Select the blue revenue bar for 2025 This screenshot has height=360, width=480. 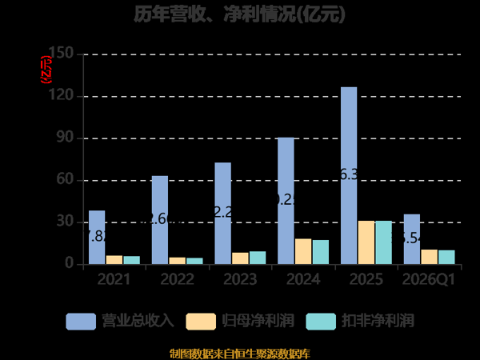coord(349,175)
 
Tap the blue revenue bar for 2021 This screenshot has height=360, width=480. coord(97,237)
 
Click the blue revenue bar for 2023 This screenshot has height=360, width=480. coord(223,213)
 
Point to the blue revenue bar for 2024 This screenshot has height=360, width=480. coord(286,201)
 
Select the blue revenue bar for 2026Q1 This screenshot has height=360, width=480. coord(412,238)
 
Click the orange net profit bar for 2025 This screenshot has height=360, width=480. coord(366,242)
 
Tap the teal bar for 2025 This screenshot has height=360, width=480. coord(384,242)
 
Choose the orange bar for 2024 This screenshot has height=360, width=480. coord(303,251)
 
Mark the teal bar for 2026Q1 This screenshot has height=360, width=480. coord(446,257)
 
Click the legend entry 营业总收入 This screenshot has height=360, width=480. coord(120,321)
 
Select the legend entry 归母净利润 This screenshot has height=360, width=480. coord(240,321)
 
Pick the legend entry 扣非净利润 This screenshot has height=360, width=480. coord(360,321)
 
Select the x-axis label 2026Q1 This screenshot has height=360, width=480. coord(430,279)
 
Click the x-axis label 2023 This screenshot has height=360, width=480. coord(240,279)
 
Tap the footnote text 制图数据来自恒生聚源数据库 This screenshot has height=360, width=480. coord(240,353)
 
